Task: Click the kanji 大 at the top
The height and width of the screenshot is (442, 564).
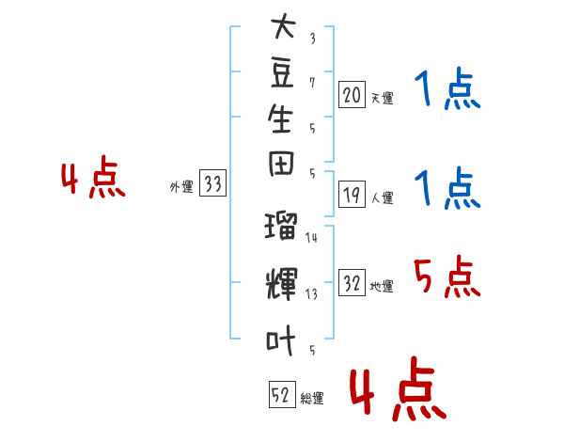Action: [283, 25]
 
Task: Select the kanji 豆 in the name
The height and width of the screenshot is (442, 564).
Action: [282, 73]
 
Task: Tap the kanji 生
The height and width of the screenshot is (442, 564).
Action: [280, 118]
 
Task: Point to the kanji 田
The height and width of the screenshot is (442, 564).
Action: [281, 165]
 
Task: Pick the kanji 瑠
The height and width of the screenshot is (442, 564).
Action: [281, 226]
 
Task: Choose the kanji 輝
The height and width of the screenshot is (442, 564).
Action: [282, 284]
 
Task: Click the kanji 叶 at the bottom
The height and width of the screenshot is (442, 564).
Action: [280, 340]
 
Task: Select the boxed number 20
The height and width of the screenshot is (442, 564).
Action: [352, 95]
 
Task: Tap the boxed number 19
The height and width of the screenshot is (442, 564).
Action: [352, 195]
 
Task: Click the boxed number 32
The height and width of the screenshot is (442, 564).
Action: [352, 282]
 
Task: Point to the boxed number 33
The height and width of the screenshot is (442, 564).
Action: [212, 182]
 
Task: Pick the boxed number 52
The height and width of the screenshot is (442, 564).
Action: [282, 394]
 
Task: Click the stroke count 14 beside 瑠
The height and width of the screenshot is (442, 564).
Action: [311, 238]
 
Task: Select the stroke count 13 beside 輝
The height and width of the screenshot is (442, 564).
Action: [311, 294]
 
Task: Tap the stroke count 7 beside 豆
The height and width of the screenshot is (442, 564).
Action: [312, 83]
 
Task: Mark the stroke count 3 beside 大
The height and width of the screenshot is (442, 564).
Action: [313, 39]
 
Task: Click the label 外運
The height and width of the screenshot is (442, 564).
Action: [181, 187]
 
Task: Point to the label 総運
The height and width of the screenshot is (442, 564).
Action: [312, 399]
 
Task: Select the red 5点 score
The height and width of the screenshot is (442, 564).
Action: [446, 276]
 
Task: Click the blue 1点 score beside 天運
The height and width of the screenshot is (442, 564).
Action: [447, 88]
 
